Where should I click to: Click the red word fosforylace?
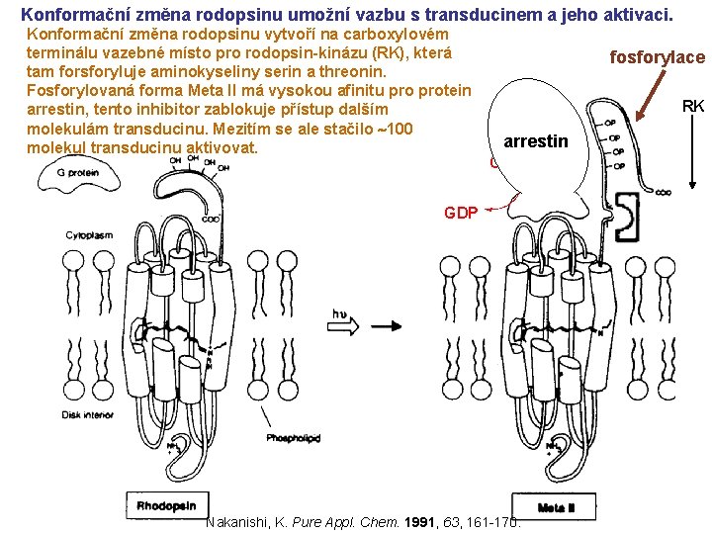[x=658, y=57]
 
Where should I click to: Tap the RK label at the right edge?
[x=693, y=106]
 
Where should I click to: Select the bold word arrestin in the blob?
[x=535, y=141]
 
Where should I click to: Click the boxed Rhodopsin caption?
[x=166, y=505]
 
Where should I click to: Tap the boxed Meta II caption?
[x=558, y=507]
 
